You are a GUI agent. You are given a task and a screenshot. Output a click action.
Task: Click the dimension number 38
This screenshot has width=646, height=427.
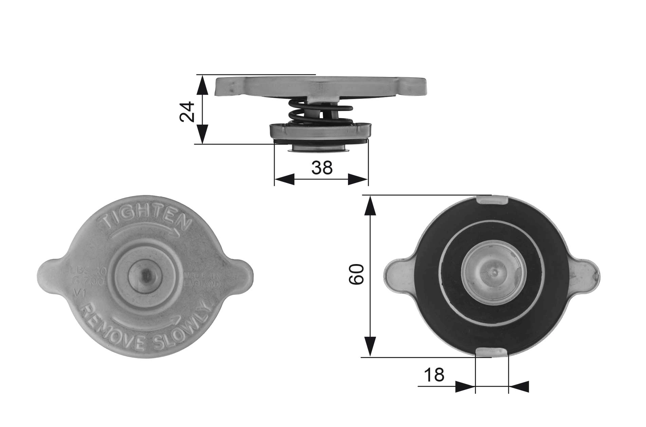click(x=322, y=168)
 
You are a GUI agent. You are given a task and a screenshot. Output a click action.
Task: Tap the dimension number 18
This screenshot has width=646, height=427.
click(x=434, y=375)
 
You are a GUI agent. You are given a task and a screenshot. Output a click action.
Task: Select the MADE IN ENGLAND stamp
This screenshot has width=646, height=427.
click(x=202, y=280)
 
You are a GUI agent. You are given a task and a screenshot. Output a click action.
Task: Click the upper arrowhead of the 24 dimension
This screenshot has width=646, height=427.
click(x=202, y=85)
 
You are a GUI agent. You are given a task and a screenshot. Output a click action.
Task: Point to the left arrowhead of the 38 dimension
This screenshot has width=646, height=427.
click(x=284, y=180)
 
